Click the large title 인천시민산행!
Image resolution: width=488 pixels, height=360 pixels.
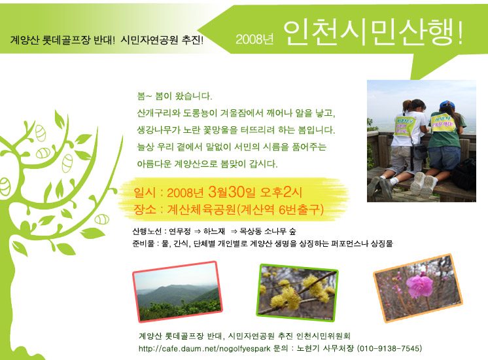(373, 33)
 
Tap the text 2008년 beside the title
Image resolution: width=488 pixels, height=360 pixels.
(254, 39)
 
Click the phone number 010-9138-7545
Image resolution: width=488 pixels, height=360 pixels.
(389, 348)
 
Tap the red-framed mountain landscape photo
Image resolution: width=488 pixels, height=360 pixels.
(178, 291)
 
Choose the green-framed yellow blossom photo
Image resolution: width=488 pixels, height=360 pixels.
(297, 293)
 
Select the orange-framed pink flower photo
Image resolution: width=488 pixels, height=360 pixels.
(418, 288)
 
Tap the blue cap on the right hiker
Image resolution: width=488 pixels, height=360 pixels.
(447, 103)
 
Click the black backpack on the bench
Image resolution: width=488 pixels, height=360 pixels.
(464, 174)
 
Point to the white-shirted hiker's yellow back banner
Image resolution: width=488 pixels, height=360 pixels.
(404, 126)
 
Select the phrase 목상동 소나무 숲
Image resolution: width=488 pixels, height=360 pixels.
(268, 231)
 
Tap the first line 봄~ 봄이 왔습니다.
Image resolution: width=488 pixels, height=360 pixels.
(175, 96)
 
